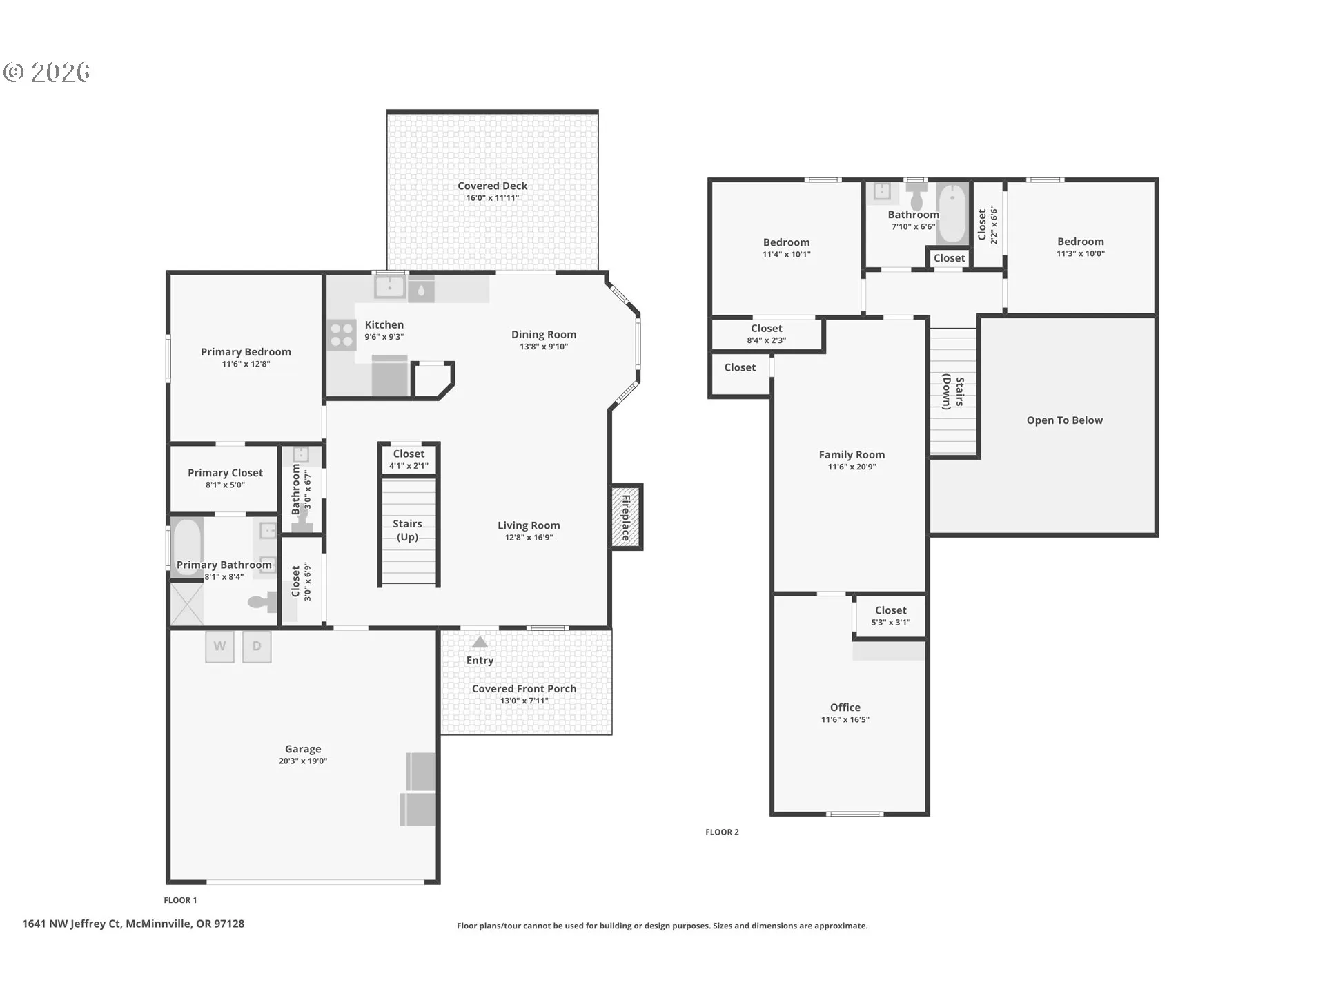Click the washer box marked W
point(219,647)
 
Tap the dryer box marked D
point(257,647)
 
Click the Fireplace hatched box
point(626,517)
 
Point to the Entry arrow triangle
point(480,643)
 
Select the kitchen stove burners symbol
point(342,335)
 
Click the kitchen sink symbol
point(390,286)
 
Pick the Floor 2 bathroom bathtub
point(953,213)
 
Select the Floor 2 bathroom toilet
point(916,195)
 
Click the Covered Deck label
point(493,186)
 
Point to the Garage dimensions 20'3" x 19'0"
point(303,761)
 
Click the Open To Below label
point(1065,420)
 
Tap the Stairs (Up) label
point(407,530)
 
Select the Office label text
point(845,708)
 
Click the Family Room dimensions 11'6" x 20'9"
point(852,467)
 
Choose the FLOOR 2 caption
point(722,832)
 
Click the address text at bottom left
point(133,924)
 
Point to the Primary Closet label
point(226,473)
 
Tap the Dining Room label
point(544,335)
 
